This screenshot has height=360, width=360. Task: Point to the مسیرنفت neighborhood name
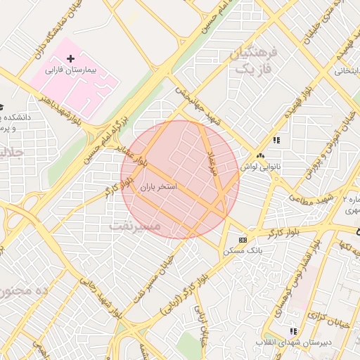click(x=136, y=226)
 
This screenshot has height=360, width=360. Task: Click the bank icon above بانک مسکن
click(x=243, y=239)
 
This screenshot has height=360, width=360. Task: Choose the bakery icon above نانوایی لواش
click(x=261, y=156)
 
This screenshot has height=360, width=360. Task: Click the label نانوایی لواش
click(x=261, y=167)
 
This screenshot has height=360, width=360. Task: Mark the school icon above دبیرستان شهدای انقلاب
click(x=294, y=331)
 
